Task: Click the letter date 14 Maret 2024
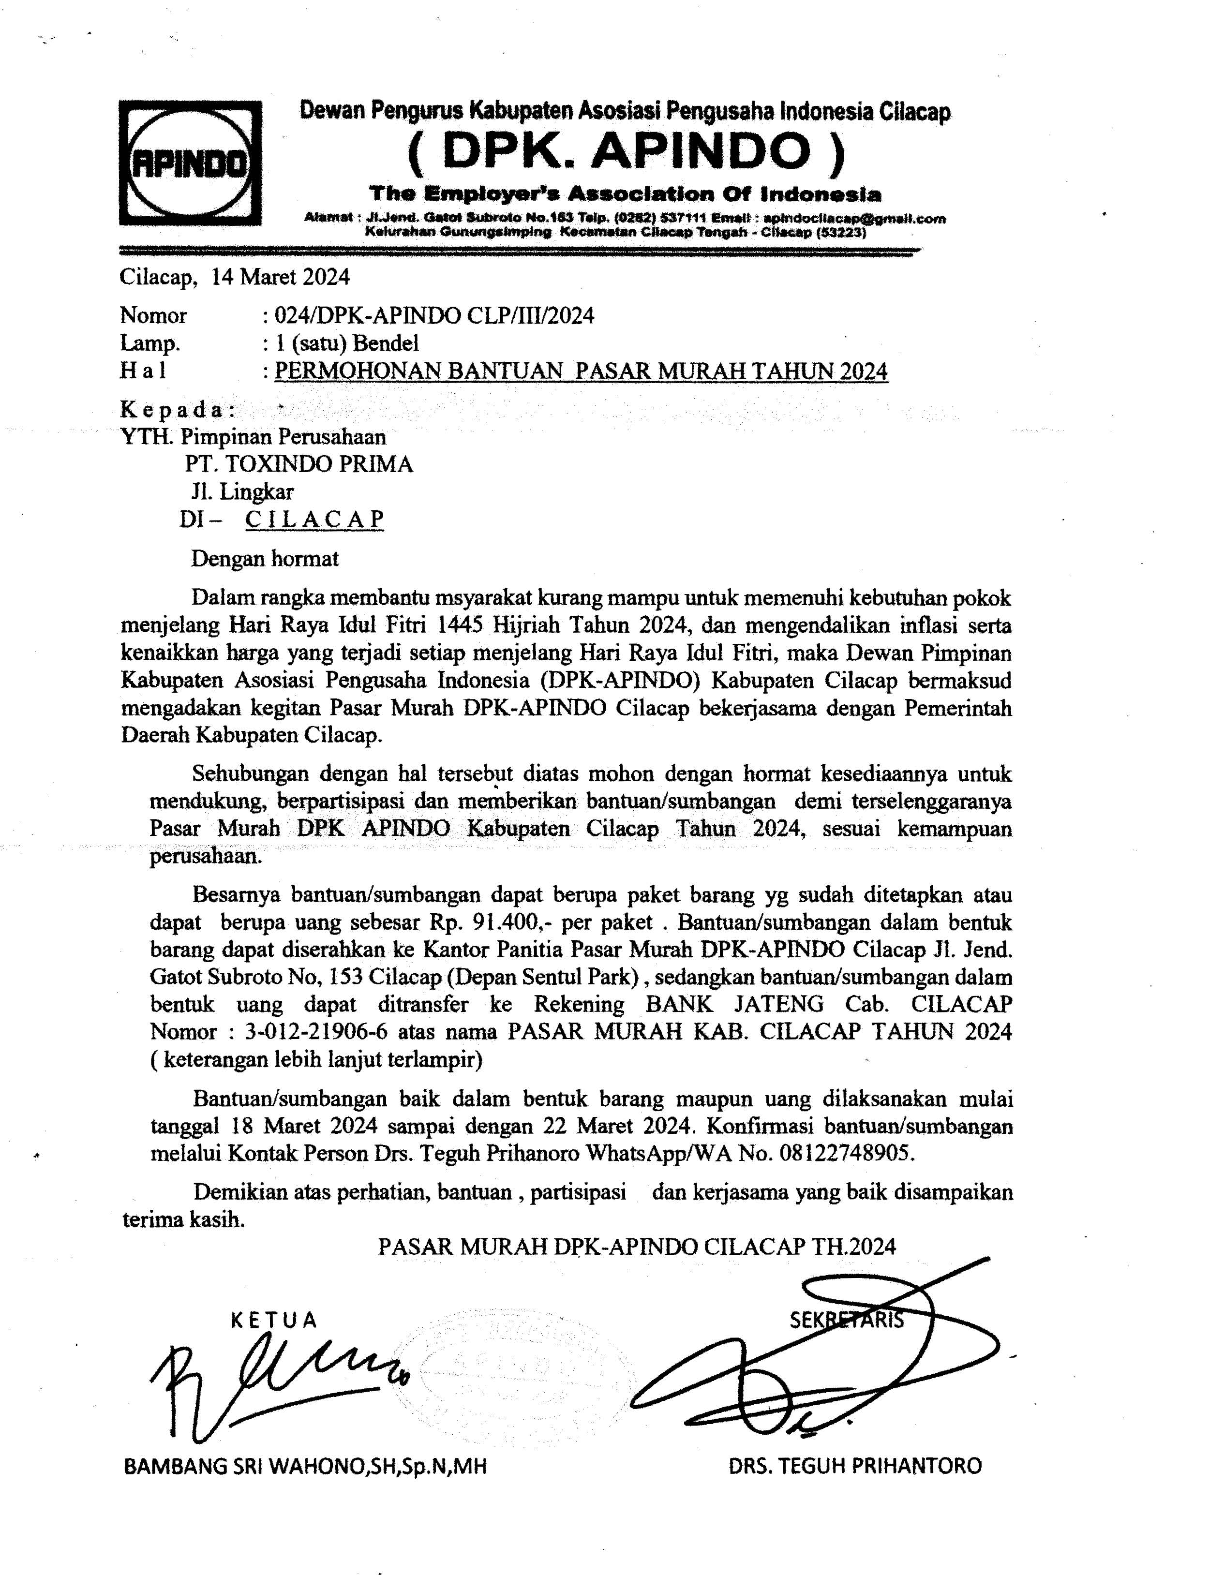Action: point(281,277)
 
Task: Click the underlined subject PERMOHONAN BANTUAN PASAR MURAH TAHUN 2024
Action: point(582,371)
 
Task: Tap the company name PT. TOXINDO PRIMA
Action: point(299,464)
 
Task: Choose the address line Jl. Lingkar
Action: point(242,491)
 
